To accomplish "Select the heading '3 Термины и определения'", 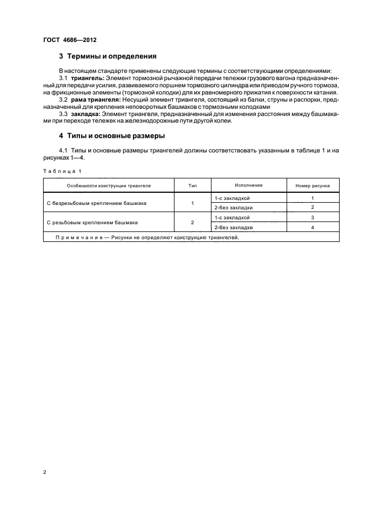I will click(108, 56).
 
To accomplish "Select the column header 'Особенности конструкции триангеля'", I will click(109, 186).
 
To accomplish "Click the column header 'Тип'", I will click(192, 186).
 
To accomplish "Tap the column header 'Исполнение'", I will click(248, 185).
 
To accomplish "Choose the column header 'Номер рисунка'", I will click(313, 186).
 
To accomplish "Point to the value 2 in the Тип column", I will click(192, 222).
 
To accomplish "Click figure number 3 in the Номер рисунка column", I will click(313, 218).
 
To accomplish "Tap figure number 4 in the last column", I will click(313, 227).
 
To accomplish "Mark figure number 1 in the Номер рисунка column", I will click(313, 198).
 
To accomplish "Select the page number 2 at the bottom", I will click(44, 473).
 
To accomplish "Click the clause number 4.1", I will click(62, 151).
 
